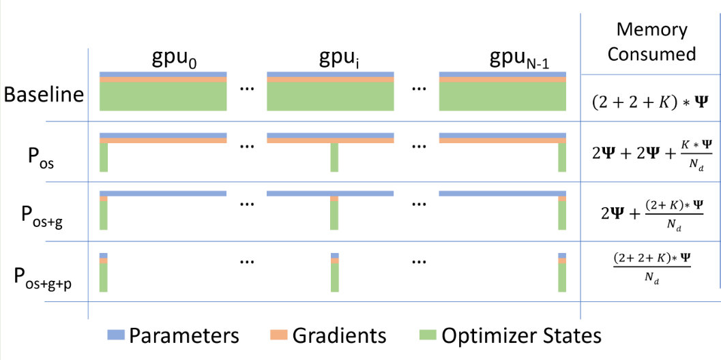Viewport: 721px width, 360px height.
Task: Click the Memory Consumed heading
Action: pyautogui.click(x=651, y=42)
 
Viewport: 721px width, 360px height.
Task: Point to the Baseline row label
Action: pyautogui.click(x=44, y=94)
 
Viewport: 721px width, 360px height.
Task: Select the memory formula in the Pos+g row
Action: pyautogui.click(x=651, y=213)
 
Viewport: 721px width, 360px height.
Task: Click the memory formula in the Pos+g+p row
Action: pyautogui.click(x=651, y=267)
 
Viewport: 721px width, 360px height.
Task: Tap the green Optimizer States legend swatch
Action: pyautogui.click(x=428, y=335)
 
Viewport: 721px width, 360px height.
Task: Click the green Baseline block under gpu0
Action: pyautogui.click(x=163, y=96)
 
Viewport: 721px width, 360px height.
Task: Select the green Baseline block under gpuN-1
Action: pyautogui.click(x=503, y=96)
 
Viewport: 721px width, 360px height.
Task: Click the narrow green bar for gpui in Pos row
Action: pyautogui.click(x=334, y=157)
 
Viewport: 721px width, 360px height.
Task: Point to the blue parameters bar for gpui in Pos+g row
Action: pyautogui.click(x=330, y=194)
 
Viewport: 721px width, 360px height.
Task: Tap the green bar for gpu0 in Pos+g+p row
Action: pyautogui.click(x=104, y=277)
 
